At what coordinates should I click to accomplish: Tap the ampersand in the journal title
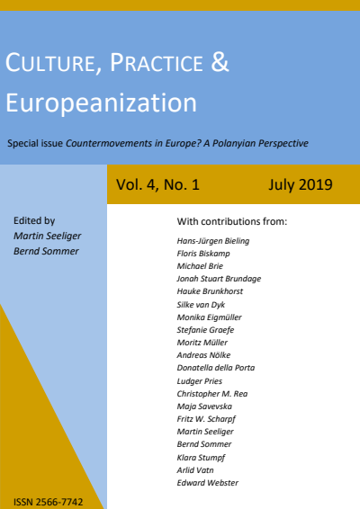[220, 64]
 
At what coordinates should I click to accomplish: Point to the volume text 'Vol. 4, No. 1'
[157, 186]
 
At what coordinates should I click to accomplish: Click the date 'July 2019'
[301, 186]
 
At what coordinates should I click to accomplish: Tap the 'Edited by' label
[34, 219]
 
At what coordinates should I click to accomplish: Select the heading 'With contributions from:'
[233, 220]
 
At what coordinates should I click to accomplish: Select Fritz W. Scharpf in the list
[206, 419]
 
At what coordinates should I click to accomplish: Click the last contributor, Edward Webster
[208, 482]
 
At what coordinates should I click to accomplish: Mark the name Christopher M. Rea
[212, 394]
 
